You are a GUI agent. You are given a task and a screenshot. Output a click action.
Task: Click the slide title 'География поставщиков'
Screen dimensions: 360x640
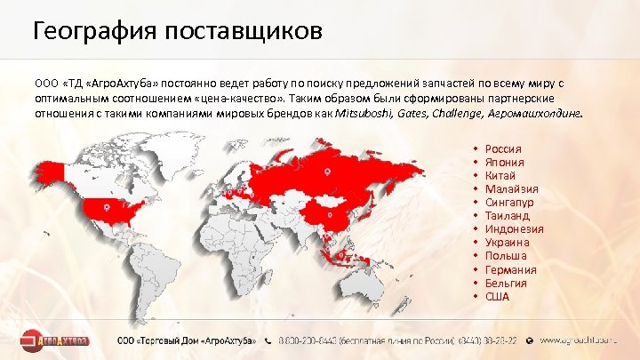click(x=178, y=33)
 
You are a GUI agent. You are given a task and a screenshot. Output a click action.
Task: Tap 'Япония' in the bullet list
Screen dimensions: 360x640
click(x=505, y=162)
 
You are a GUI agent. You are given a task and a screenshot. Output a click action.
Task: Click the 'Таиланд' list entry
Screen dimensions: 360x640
click(x=508, y=215)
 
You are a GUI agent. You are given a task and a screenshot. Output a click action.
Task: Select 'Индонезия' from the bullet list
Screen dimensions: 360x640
click(x=515, y=228)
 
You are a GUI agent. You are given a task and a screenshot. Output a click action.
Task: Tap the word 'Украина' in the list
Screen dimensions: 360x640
click(x=508, y=242)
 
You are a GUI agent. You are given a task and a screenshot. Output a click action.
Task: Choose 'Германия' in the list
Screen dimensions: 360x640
click(x=511, y=269)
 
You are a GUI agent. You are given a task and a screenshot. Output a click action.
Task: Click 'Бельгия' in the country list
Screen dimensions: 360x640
click(x=507, y=283)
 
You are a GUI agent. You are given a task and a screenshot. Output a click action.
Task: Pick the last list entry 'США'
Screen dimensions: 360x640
click(x=498, y=296)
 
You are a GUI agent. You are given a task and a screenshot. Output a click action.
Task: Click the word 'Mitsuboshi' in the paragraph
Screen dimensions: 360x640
click(x=365, y=114)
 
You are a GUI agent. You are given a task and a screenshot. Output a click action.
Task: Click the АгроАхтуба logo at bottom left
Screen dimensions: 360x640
click(x=59, y=340)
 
